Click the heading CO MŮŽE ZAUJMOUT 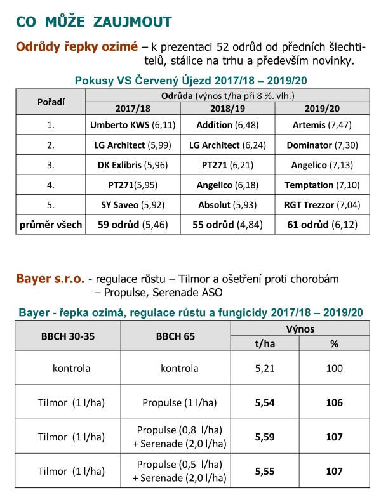click(x=93, y=22)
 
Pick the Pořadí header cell click(x=50, y=102)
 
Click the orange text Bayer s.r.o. click(x=50, y=279)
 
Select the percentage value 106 click(x=334, y=402)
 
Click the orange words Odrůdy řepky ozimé click(x=76, y=47)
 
